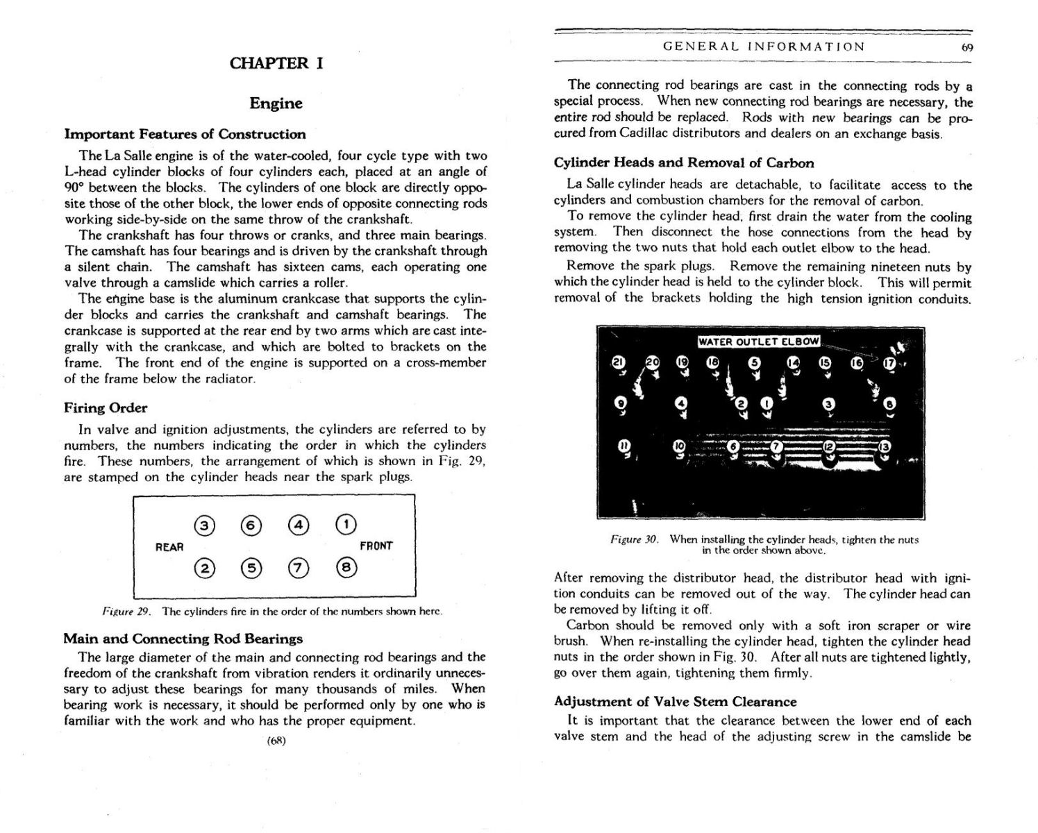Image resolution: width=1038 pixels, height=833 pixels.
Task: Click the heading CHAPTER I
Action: pyautogui.click(x=276, y=63)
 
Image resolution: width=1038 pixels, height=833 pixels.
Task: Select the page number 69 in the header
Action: pyautogui.click(x=966, y=47)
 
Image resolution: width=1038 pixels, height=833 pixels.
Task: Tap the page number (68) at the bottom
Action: pyautogui.click(x=276, y=740)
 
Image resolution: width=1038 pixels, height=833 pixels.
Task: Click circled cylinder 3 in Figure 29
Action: pyautogui.click(x=203, y=525)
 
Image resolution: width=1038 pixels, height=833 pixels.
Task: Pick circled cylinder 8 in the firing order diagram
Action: pyautogui.click(x=346, y=568)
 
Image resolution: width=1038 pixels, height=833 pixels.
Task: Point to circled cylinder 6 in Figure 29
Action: pyautogui.click(x=251, y=525)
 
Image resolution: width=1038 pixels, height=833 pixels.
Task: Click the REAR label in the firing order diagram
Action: pyautogui.click(x=169, y=547)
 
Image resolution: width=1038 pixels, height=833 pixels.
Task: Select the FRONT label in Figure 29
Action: pyautogui.click(x=376, y=546)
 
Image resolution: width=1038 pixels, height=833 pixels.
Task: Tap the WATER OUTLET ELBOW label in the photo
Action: pyautogui.click(x=758, y=342)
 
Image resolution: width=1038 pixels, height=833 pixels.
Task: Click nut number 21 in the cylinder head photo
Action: pyautogui.click(x=618, y=362)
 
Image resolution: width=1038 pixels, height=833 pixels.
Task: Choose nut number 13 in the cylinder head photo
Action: pyautogui.click(x=884, y=448)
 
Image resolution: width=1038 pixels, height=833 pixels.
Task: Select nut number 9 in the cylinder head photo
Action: pyautogui.click(x=621, y=403)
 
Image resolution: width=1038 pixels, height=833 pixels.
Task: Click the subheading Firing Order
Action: pyautogui.click(x=106, y=408)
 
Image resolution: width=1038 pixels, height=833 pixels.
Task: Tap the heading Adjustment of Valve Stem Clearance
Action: pyautogui.click(x=675, y=702)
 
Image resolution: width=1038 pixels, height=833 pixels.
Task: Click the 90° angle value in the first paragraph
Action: pyautogui.click(x=75, y=187)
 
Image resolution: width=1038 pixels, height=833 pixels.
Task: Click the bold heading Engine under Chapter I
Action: pyautogui.click(x=276, y=103)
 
